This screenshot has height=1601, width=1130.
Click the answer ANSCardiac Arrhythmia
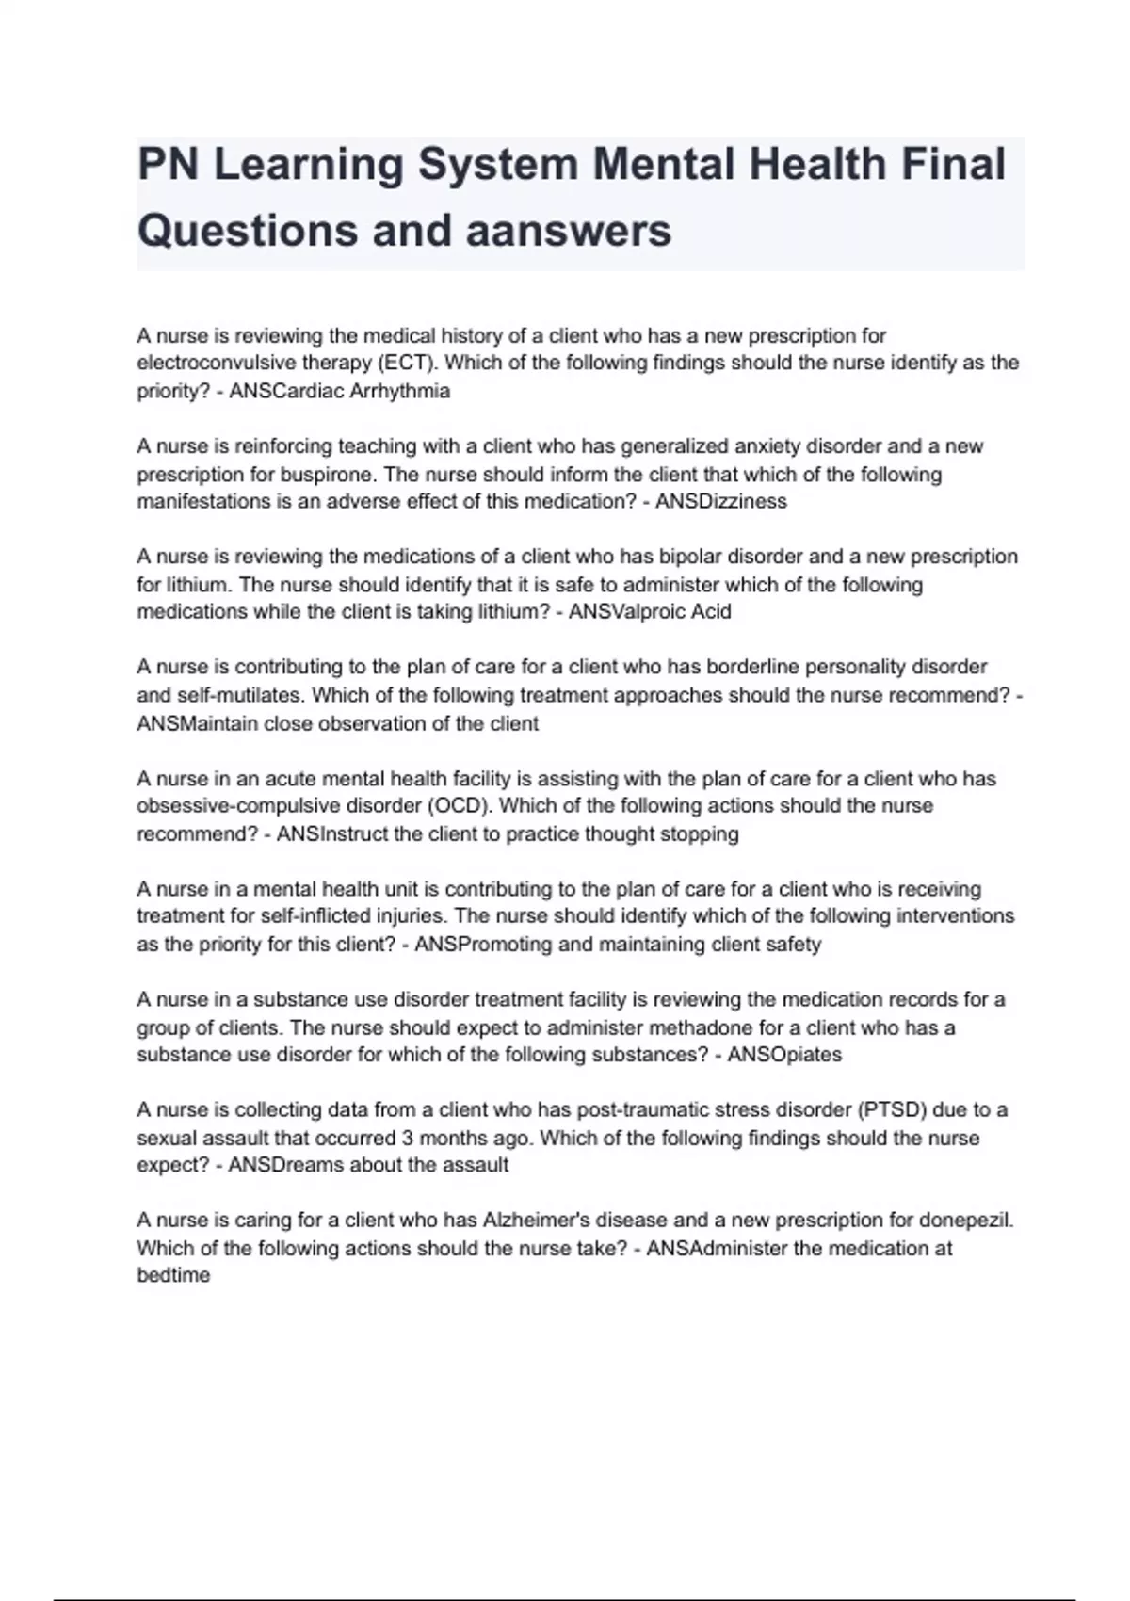tap(339, 391)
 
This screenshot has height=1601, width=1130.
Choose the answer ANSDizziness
tap(720, 501)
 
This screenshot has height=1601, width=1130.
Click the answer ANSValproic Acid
tap(650, 611)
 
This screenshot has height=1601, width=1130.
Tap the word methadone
tap(676, 1027)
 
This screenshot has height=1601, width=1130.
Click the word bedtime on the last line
tap(173, 1275)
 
